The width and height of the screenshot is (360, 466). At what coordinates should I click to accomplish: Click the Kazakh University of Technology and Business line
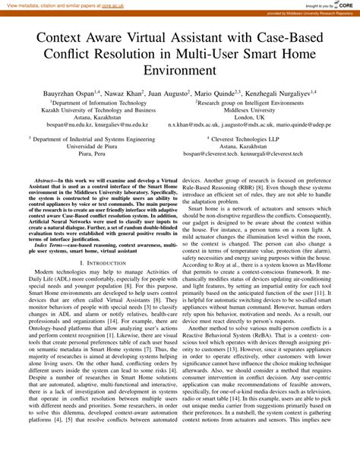click(x=98, y=109)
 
